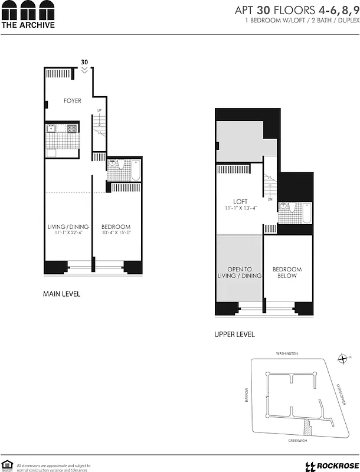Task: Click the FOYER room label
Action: pos(72,101)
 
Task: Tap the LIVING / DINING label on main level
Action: pos(68,227)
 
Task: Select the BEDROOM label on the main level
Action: pos(116,227)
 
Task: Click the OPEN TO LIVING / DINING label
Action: pos(240,273)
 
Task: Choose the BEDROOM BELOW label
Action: pos(287,273)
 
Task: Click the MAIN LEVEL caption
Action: pos(61,294)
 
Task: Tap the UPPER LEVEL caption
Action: pos(234,335)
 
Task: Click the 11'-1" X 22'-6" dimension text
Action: pos(68,234)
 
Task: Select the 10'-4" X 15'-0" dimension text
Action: pos(116,234)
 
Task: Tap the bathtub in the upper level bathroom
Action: pos(306,213)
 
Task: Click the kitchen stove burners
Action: pos(71,128)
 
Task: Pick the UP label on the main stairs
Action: pos(99,110)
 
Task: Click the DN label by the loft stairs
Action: pos(270,199)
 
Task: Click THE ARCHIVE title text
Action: pos(28,25)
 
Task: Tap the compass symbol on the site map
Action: pos(341,358)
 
